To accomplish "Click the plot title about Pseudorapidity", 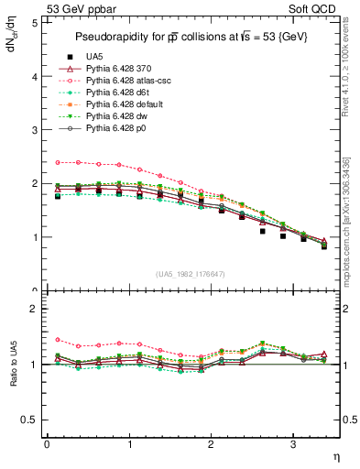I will click(x=191, y=36).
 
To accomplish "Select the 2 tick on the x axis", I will click(x=211, y=444).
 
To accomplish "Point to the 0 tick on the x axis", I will click(x=47, y=444).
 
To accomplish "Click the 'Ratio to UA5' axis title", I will click(x=12, y=365).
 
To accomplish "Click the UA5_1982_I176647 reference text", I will click(x=191, y=274).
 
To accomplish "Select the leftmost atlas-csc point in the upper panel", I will click(x=58, y=162).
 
